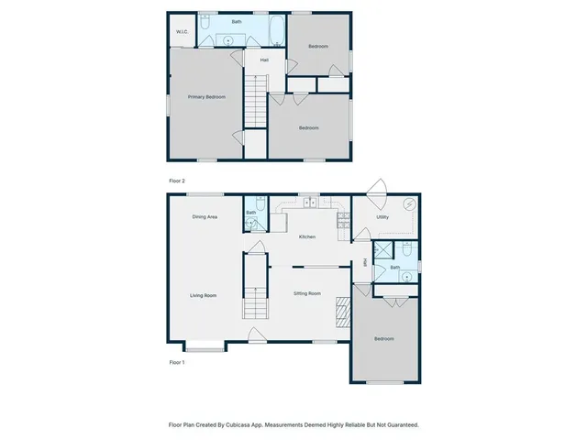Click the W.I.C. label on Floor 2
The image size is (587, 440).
(182, 33)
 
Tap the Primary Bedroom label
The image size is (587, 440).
(206, 96)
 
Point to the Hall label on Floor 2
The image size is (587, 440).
(264, 60)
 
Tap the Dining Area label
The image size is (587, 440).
(204, 217)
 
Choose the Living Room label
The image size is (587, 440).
(203, 295)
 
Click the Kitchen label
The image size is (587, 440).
(307, 236)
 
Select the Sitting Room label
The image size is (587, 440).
(307, 293)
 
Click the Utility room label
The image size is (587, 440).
(382, 217)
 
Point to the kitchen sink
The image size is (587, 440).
(312, 203)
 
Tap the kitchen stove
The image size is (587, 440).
(344, 220)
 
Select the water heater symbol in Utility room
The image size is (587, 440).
(410, 204)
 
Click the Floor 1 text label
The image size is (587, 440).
(177, 362)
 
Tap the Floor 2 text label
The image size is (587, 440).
(177, 181)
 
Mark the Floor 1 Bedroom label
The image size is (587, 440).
(383, 339)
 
